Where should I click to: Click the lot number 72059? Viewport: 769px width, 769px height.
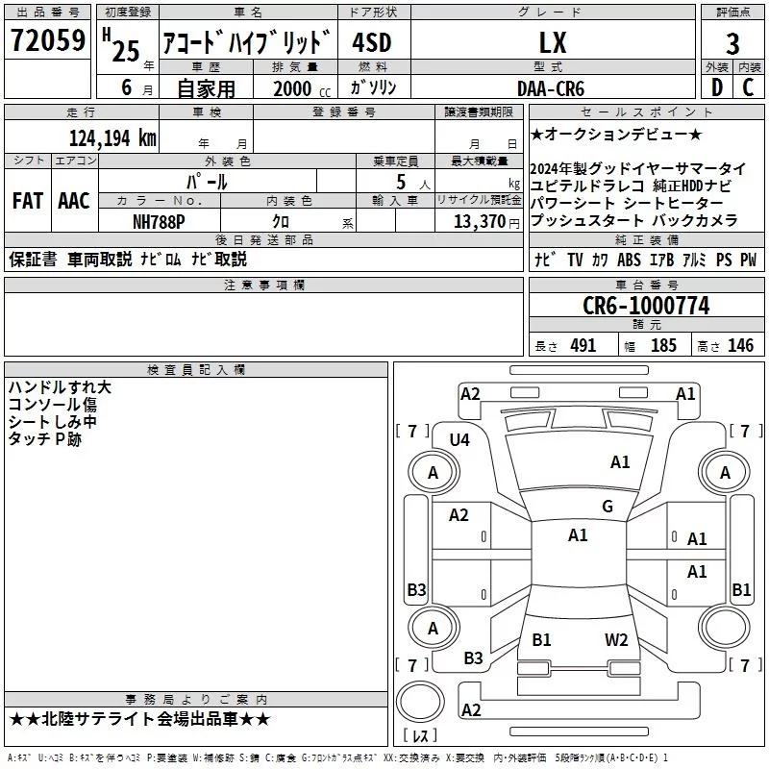(48, 41)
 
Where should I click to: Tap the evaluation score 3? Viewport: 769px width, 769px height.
(732, 44)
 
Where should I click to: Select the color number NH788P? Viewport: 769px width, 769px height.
(160, 220)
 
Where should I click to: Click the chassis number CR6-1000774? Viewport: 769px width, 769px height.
(646, 306)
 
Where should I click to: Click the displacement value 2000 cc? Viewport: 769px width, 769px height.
(300, 88)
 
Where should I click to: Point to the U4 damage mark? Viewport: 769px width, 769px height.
(459, 439)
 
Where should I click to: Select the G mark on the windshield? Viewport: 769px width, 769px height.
(607, 507)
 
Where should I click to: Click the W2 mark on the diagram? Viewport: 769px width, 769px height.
(616, 640)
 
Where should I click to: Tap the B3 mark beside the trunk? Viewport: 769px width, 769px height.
(473, 658)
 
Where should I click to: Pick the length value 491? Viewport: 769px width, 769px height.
(583, 346)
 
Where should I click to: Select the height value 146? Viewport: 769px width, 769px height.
(740, 346)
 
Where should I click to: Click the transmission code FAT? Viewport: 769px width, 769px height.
(26, 201)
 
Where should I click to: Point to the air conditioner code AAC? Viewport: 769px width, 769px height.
(73, 201)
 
